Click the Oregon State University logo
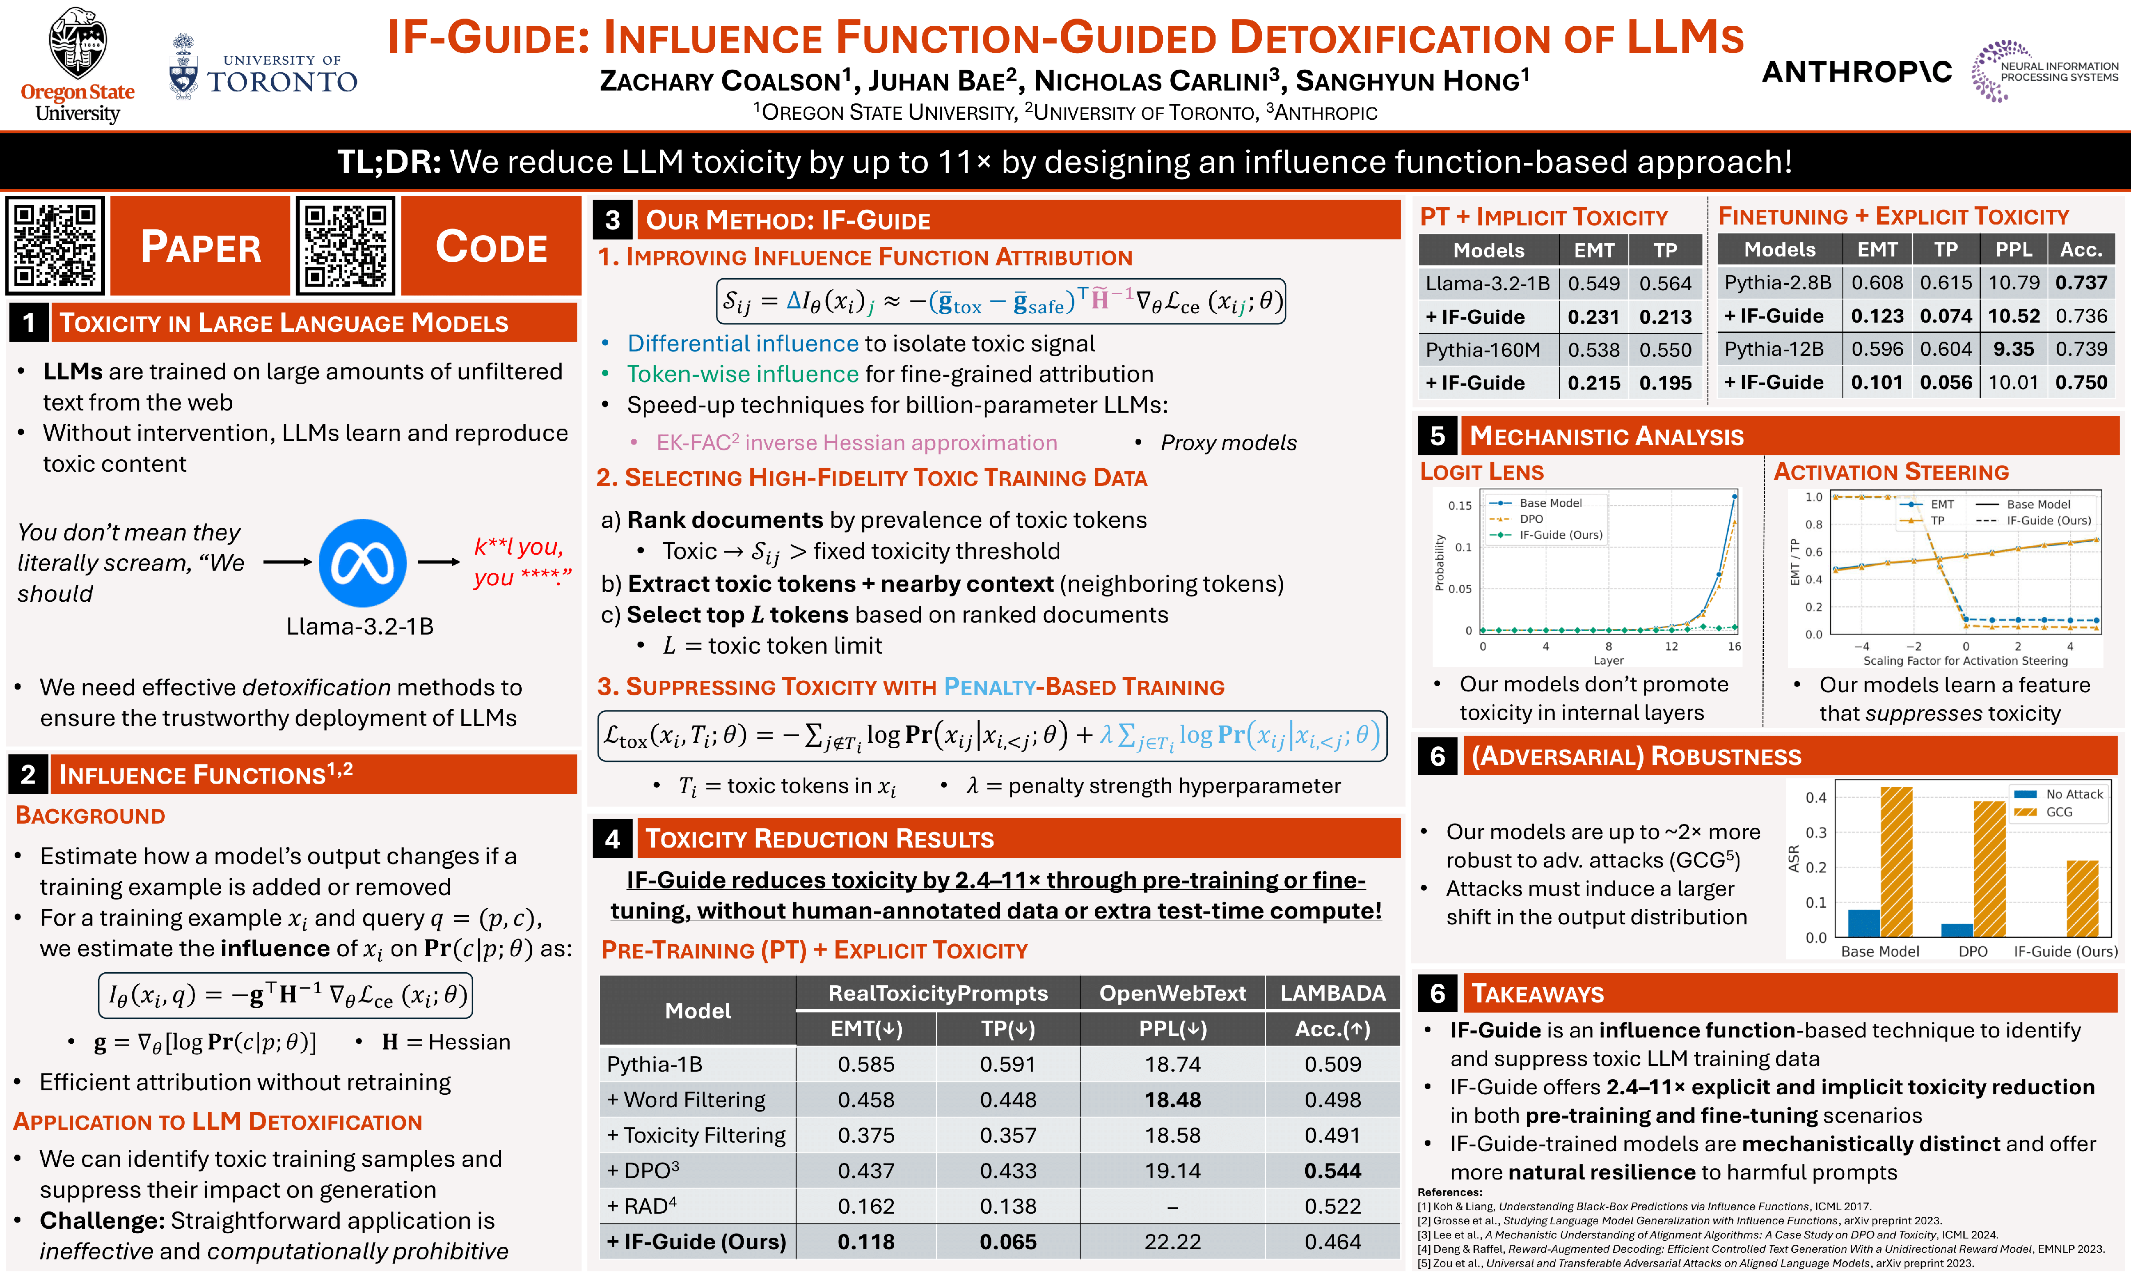click(x=78, y=65)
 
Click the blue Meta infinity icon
click(x=363, y=563)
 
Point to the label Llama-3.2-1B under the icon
click(x=360, y=626)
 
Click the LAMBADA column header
click(x=1332, y=993)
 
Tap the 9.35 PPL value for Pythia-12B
click(x=2013, y=349)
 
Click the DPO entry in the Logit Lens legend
click(x=1531, y=518)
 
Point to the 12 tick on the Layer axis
click(x=1671, y=647)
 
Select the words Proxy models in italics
click(x=1228, y=443)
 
